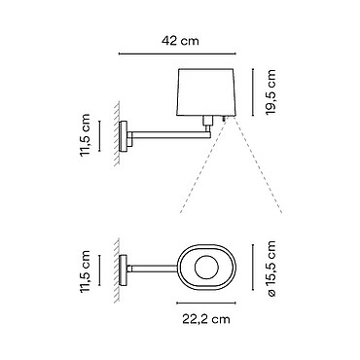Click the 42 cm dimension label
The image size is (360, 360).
point(180,41)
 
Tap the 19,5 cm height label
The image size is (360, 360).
point(270,91)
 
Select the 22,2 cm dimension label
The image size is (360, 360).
point(206,319)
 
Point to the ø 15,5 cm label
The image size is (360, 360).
point(270,269)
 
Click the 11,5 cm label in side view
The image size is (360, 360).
point(85,135)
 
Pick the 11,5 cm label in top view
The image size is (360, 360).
point(85,271)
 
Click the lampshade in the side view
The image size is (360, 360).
point(206,92)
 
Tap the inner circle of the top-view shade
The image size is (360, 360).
point(206,269)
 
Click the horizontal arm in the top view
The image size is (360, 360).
point(155,269)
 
